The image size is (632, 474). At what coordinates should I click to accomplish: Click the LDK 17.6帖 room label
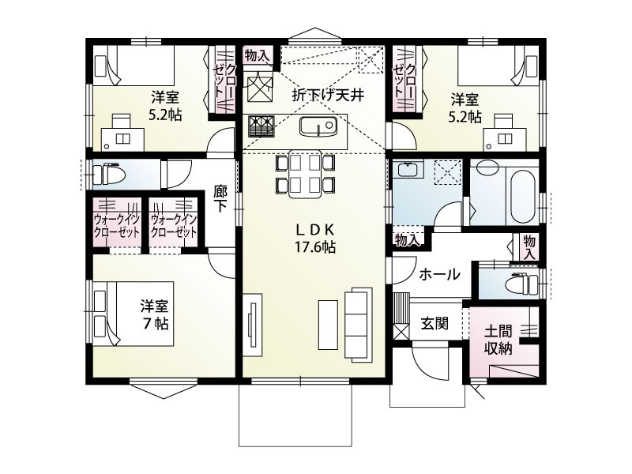(x=316, y=238)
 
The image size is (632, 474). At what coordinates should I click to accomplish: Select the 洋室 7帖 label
(x=155, y=314)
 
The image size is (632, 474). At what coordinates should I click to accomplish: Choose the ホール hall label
(x=439, y=275)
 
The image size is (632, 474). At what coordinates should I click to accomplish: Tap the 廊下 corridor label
(x=220, y=197)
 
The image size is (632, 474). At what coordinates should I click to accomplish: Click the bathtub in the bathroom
(x=522, y=194)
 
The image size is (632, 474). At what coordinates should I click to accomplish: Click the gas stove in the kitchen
(x=260, y=126)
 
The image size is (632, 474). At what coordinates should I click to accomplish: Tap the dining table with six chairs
(x=303, y=173)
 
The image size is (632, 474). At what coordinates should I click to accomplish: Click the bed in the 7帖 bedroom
(x=118, y=314)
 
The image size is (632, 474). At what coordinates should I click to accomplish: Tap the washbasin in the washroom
(x=408, y=169)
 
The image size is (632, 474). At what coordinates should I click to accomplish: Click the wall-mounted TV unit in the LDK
(x=250, y=325)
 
